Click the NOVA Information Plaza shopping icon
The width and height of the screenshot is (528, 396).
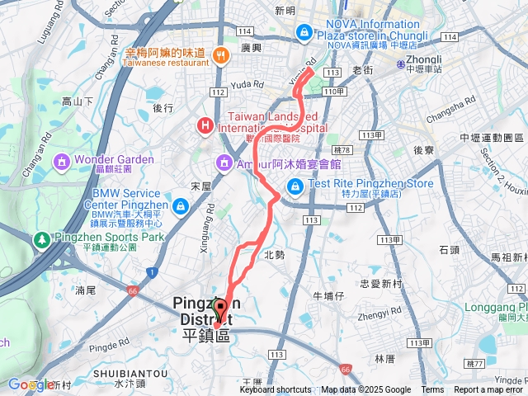304,32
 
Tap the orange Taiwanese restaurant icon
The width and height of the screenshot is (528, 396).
220,56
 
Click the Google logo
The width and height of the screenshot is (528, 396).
31,384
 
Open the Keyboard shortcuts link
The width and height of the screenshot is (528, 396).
276,390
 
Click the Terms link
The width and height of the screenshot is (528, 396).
432,390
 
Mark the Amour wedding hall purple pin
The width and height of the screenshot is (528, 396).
224,163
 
